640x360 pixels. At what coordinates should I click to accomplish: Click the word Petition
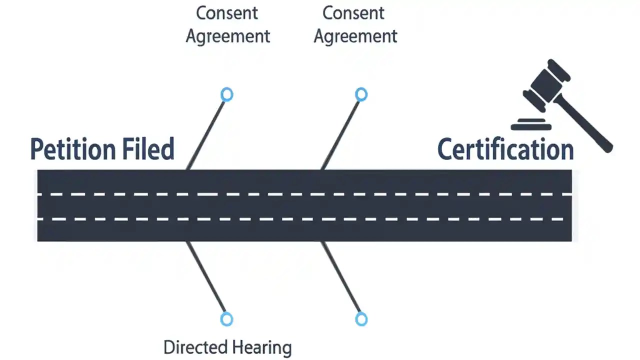pos(70,149)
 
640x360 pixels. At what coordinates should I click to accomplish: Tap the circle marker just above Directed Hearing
pos(226,319)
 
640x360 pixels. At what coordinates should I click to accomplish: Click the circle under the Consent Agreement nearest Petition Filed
pos(226,94)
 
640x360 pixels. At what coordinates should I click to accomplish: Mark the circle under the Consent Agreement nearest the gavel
pos(361,94)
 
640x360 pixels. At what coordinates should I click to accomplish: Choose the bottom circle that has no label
pos(361,319)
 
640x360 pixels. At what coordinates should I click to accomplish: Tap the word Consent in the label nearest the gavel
pos(353,13)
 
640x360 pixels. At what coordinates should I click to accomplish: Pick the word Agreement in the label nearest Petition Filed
pos(228,36)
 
